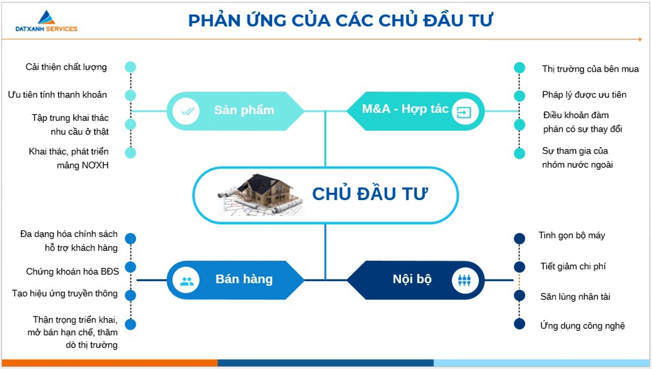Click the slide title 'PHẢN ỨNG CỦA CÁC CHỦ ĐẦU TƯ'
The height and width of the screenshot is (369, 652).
pyautogui.click(x=341, y=21)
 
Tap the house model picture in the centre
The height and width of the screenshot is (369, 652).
pyautogui.click(x=260, y=195)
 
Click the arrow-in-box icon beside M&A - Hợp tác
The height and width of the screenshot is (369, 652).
pyautogui.click(x=465, y=112)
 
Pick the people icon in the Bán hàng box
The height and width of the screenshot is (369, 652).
pyautogui.click(x=187, y=281)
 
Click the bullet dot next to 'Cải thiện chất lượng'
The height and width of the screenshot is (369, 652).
pyautogui.click(x=130, y=67)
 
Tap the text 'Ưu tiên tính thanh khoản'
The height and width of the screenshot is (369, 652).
pyautogui.click(x=57, y=94)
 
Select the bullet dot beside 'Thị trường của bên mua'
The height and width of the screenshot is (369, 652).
pyautogui.click(x=519, y=68)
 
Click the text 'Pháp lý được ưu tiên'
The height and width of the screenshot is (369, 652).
pyautogui.click(x=584, y=95)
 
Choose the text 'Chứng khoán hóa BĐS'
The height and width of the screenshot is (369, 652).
pyautogui.click(x=72, y=271)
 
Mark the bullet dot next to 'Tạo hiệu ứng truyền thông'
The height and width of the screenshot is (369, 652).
pyautogui.click(x=130, y=295)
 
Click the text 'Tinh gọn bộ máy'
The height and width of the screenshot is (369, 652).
pyautogui.click(x=572, y=236)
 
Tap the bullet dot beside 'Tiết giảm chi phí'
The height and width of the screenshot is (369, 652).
pyautogui.click(x=519, y=267)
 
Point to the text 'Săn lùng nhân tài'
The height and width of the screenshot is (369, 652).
pyautogui.click(x=575, y=297)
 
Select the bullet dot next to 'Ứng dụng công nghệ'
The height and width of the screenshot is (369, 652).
pyautogui.click(x=519, y=324)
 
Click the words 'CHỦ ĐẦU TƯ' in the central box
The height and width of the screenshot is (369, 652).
pyautogui.click(x=370, y=194)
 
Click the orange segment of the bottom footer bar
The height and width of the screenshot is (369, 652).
pyautogui.click(x=109, y=362)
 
